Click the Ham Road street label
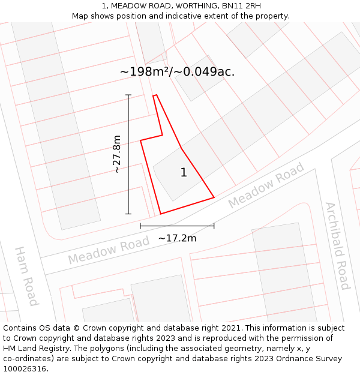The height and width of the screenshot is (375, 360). click(26, 275)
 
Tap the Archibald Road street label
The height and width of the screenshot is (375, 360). click(337, 245)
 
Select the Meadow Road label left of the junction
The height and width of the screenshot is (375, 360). click(108, 251)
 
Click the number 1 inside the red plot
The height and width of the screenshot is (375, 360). click(184, 173)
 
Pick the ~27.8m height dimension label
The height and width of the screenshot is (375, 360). click(116, 154)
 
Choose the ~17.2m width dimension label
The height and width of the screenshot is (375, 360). click(177, 238)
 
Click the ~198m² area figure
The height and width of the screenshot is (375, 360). click(143, 72)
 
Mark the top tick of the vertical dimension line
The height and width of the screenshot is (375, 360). click(128, 95)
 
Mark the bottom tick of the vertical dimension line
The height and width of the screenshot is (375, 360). click(128, 214)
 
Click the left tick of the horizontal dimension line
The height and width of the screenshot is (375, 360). click(140, 226)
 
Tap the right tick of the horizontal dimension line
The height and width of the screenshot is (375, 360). click(214, 226)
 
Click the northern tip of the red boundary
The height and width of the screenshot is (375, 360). click(155, 95)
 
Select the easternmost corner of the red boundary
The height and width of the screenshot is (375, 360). click(214, 197)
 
